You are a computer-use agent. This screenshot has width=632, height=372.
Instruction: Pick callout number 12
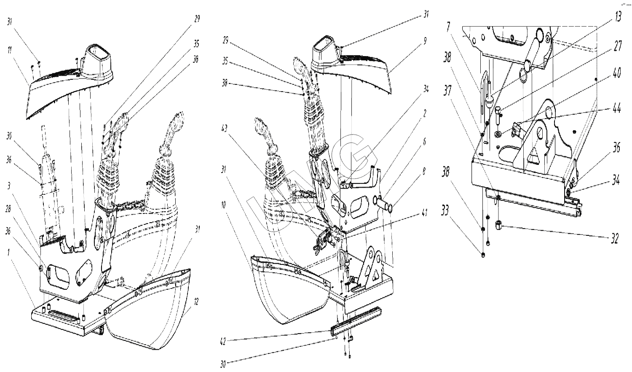coord(196,302)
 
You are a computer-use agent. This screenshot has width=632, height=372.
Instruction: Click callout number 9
coord(425,41)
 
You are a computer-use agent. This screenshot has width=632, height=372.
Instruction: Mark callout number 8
coord(424,171)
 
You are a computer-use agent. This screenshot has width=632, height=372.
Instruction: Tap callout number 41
coord(425,213)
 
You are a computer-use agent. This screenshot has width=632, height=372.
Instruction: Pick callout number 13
coord(618,18)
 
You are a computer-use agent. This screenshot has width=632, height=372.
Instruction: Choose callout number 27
coord(618,46)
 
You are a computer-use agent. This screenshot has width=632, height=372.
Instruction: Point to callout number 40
coord(617,73)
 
